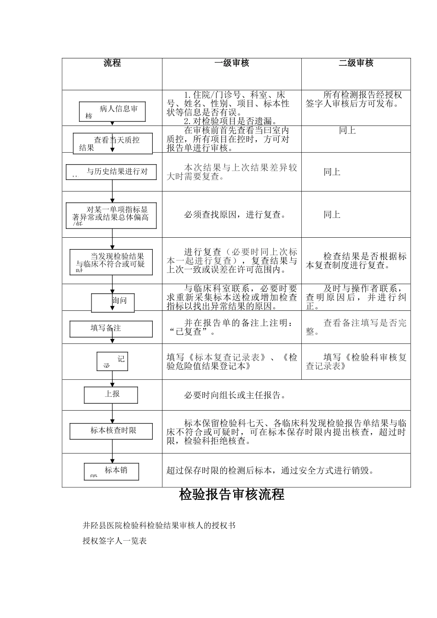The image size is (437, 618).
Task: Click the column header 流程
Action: (112, 63)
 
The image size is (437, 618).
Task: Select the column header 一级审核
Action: (232, 63)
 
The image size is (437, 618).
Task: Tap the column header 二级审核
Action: (356, 63)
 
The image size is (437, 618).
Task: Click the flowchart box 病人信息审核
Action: (113, 112)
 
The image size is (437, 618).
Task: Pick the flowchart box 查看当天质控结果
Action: (113, 143)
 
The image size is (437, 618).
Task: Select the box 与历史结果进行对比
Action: (111, 172)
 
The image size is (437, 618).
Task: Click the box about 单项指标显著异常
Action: (111, 216)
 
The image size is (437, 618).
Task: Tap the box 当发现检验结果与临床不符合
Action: (111, 262)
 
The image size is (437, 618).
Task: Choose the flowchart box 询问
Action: (113, 302)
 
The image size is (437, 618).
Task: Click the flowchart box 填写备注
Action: (111, 329)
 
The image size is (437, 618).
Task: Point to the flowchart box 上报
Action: (111, 395)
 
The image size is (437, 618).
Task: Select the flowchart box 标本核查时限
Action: (111, 431)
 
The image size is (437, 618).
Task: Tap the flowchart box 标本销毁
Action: (111, 471)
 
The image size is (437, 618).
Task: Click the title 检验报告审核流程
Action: (231, 495)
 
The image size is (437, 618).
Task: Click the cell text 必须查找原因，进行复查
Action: (235, 215)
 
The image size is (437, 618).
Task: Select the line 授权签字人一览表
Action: (115, 541)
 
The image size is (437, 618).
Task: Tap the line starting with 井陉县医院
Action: (159, 525)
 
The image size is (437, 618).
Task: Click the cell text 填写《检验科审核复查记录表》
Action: (356, 362)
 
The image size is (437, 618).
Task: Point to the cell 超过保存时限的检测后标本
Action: (270, 470)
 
